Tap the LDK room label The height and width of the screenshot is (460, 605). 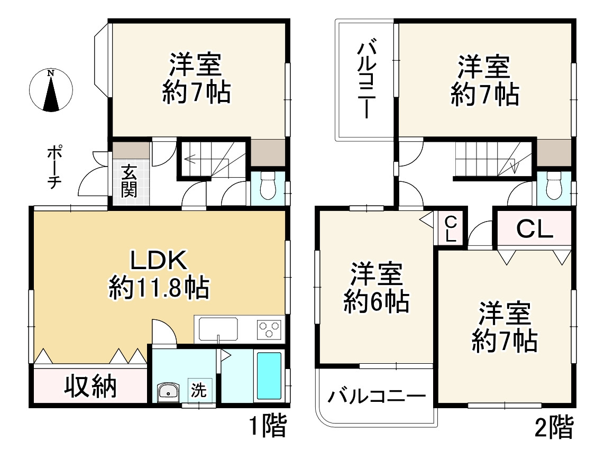[159, 261]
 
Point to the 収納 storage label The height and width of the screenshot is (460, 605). [90, 387]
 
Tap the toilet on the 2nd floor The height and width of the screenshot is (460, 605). [554, 186]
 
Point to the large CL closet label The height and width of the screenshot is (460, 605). [534, 228]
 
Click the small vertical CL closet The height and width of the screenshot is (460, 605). [450, 228]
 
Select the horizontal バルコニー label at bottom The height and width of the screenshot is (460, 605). [376, 396]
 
